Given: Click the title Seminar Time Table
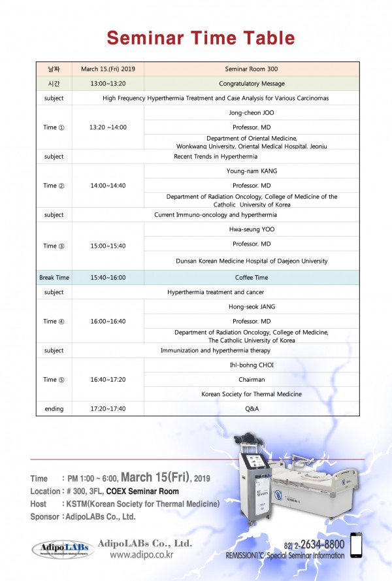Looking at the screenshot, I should click(201, 37).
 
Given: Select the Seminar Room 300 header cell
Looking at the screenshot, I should click(252, 69).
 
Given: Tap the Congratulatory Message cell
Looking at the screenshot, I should click(252, 84).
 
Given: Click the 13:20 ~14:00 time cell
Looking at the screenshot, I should click(108, 127).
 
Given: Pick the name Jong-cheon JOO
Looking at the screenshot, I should click(252, 112).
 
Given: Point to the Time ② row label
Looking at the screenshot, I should click(54, 186).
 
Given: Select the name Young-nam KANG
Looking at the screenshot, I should click(252, 171).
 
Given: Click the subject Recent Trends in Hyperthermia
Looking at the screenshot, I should click(215, 157).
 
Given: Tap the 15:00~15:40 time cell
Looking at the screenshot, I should click(108, 246).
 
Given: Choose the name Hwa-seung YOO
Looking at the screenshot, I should click(252, 230).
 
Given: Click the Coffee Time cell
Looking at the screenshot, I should click(252, 278).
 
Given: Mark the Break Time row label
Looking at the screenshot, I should click(54, 278).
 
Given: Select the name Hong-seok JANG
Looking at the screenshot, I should click(252, 307).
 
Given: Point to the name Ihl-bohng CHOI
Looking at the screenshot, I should click(252, 365).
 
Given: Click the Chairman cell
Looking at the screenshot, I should click(252, 379).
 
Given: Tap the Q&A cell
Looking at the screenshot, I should click(252, 409).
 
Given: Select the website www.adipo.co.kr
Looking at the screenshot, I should click(141, 555).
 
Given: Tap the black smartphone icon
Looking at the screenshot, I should click(357, 545).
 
